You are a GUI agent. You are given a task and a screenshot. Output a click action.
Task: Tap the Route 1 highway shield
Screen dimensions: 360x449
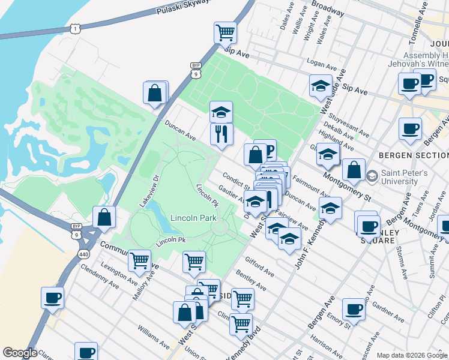click(x=75, y=29)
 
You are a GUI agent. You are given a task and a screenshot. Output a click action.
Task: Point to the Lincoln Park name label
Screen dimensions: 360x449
click(x=193, y=218)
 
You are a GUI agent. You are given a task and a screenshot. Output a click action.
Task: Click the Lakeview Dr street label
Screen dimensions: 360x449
click(x=147, y=191)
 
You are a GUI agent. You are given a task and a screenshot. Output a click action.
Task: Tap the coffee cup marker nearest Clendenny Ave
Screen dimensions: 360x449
click(x=53, y=297)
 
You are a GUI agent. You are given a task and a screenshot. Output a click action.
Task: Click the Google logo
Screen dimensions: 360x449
click(x=19, y=353)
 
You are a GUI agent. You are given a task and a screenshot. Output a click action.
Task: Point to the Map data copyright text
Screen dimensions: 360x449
click(x=412, y=355)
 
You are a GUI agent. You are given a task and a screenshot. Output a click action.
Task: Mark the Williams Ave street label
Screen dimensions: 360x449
click(x=153, y=337)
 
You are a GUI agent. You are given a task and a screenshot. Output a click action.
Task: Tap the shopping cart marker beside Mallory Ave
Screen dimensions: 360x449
click(x=139, y=260)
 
